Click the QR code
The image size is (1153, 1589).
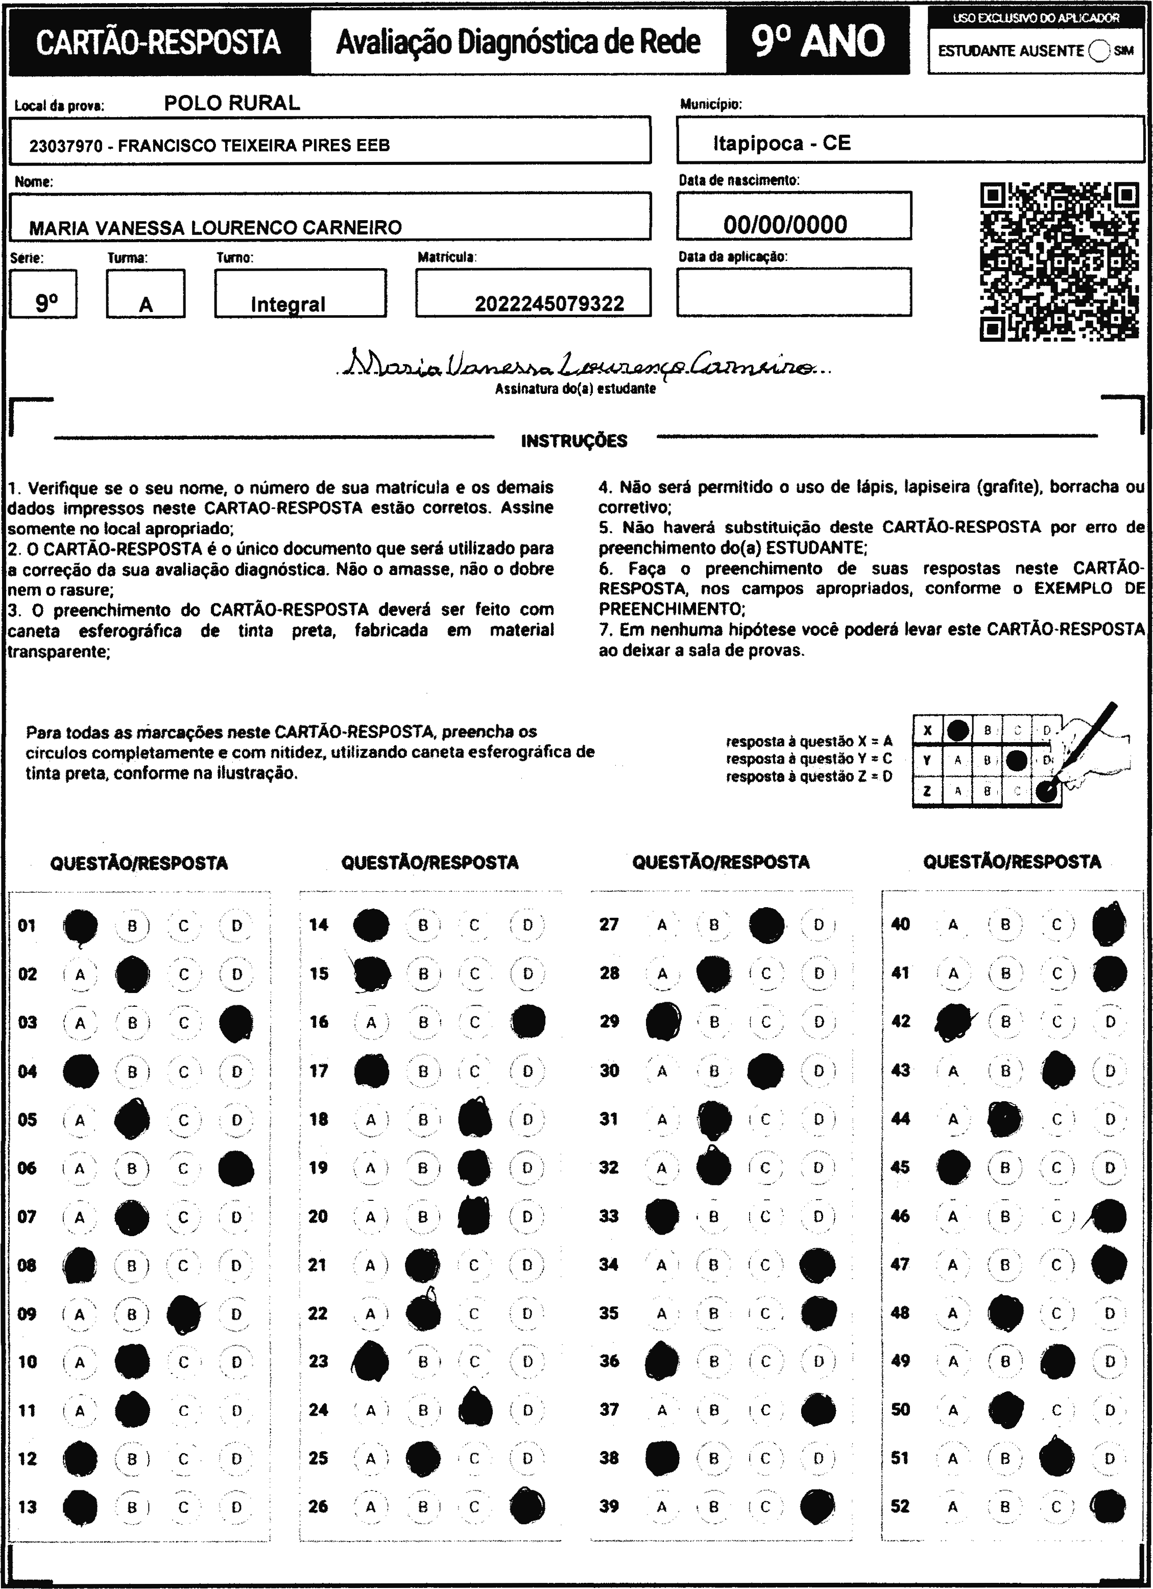tap(1059, 262)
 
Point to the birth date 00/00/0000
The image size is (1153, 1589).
tap(785, 225)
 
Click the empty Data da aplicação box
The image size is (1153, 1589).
tap(794, 292)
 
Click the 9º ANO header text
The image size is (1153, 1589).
tap(818, 41)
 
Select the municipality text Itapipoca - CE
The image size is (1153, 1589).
tap(782, 144)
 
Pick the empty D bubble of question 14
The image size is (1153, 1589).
tap(527, 925)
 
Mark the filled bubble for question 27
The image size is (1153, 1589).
tap(766, 925)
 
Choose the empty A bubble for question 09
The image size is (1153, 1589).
tap(80, 1314)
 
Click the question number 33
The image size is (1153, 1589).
tap(609, 1216)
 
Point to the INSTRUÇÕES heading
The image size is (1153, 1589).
tap(574, 441)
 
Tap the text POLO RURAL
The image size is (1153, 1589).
tap(232, 104)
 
